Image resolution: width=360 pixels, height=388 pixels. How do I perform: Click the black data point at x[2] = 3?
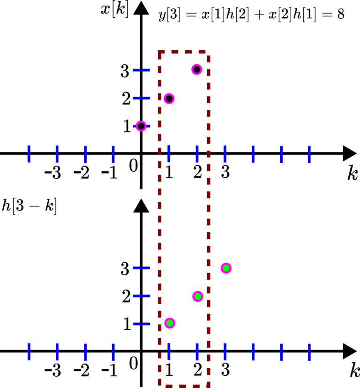[196, 69]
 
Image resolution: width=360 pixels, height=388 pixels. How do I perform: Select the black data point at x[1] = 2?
[169, 99]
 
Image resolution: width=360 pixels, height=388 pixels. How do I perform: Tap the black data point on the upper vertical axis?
[141, 126]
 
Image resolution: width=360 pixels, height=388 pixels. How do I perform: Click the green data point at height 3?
[226, 268]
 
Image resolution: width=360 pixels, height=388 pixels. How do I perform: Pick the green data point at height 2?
[197, 296]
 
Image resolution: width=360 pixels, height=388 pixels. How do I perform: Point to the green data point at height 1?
[170, 323]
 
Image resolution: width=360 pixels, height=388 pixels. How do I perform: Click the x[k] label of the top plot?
[115, 10]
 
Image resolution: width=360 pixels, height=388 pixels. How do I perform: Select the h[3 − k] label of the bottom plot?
[29, 205]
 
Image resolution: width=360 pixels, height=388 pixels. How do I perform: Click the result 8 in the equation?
[341, 14]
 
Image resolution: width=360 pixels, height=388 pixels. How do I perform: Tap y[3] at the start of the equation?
[169, 15]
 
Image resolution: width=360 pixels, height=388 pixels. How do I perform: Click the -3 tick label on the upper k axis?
[52, 173]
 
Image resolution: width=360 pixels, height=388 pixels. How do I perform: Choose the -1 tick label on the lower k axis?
[109, 371]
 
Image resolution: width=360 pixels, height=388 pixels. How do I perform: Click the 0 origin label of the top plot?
[134, 166]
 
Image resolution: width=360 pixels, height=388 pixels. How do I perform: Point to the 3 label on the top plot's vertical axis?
[125, 71]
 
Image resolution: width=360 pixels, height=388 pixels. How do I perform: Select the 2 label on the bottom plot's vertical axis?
[126, 297]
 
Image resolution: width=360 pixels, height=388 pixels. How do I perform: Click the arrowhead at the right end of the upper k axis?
[350, 153]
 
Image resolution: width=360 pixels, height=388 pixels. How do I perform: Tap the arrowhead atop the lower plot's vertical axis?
[141, 205]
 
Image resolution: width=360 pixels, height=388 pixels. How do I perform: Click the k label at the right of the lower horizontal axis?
[355, 370]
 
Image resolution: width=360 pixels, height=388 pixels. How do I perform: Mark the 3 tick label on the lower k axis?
[225, 370]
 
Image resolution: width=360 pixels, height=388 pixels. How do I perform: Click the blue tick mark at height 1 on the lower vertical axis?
[142, 324]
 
